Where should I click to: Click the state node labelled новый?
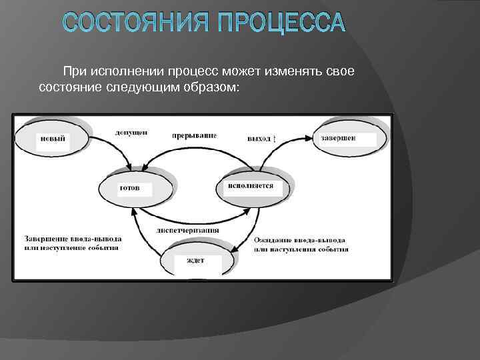coord(53,139)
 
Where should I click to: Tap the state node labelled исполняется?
coord(251,186)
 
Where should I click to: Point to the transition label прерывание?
coord(194,135)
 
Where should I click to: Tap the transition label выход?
coord(259,139)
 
